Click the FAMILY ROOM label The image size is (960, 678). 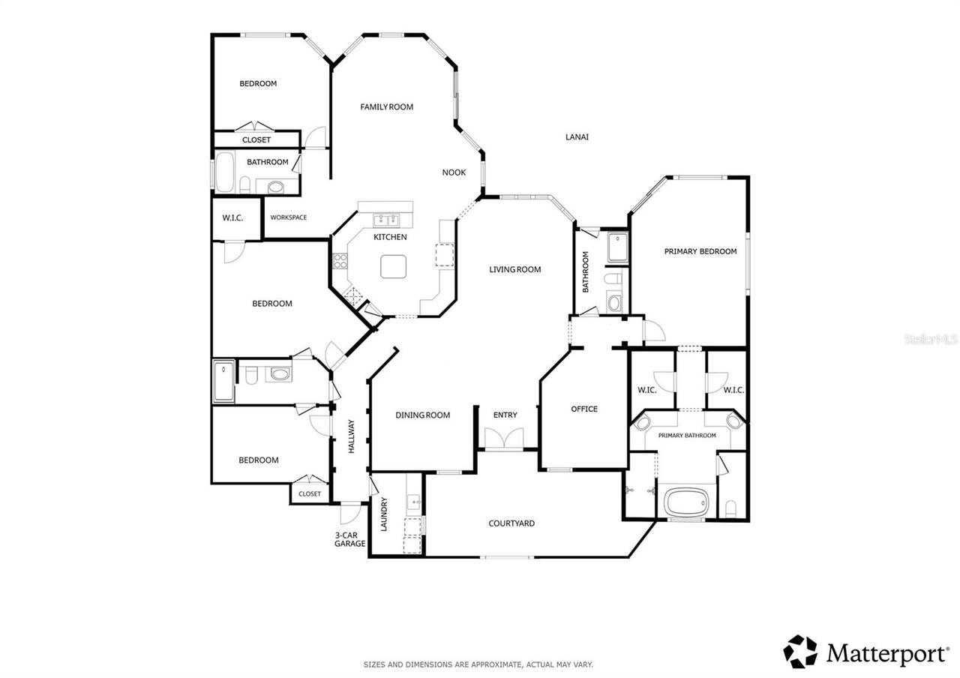386,106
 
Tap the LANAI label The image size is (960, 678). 577,137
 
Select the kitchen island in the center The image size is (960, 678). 394,266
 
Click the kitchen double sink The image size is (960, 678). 386,220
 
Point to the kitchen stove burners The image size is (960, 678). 340,261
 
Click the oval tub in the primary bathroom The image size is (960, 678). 686,502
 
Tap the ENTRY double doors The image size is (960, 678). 504,438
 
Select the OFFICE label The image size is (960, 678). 584,409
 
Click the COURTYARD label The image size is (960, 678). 511,523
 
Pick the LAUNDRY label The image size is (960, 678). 383,514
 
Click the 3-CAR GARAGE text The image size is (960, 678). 349,539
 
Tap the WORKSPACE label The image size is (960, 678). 289,217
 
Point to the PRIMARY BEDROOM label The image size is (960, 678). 700,251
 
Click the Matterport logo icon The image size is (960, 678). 800,652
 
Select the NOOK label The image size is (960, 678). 454,172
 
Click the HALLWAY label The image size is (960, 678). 352,436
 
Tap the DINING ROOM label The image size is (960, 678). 422,415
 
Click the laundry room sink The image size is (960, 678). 413,502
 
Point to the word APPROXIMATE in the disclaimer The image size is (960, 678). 496,664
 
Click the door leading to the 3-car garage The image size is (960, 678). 350,514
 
